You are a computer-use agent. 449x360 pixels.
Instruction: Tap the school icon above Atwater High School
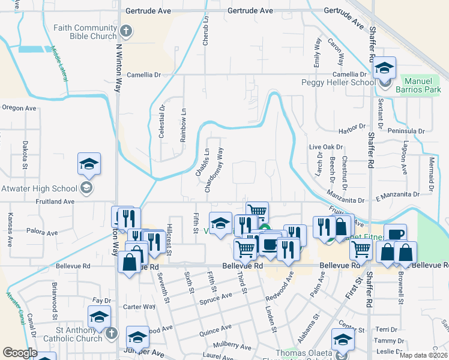[88, 164]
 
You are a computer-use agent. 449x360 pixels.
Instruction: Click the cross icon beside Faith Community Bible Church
[125, 31]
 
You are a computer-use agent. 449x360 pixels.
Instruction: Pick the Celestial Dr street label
[162, 122]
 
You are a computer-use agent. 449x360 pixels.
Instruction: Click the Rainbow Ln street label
[183, 124]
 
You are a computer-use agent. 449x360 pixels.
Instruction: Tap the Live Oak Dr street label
[325, 146]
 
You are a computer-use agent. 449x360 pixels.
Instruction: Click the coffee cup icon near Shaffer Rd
[394, 235]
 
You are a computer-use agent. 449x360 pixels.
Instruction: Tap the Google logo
[20, 353]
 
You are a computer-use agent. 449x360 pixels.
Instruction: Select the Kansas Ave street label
[10, 230]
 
